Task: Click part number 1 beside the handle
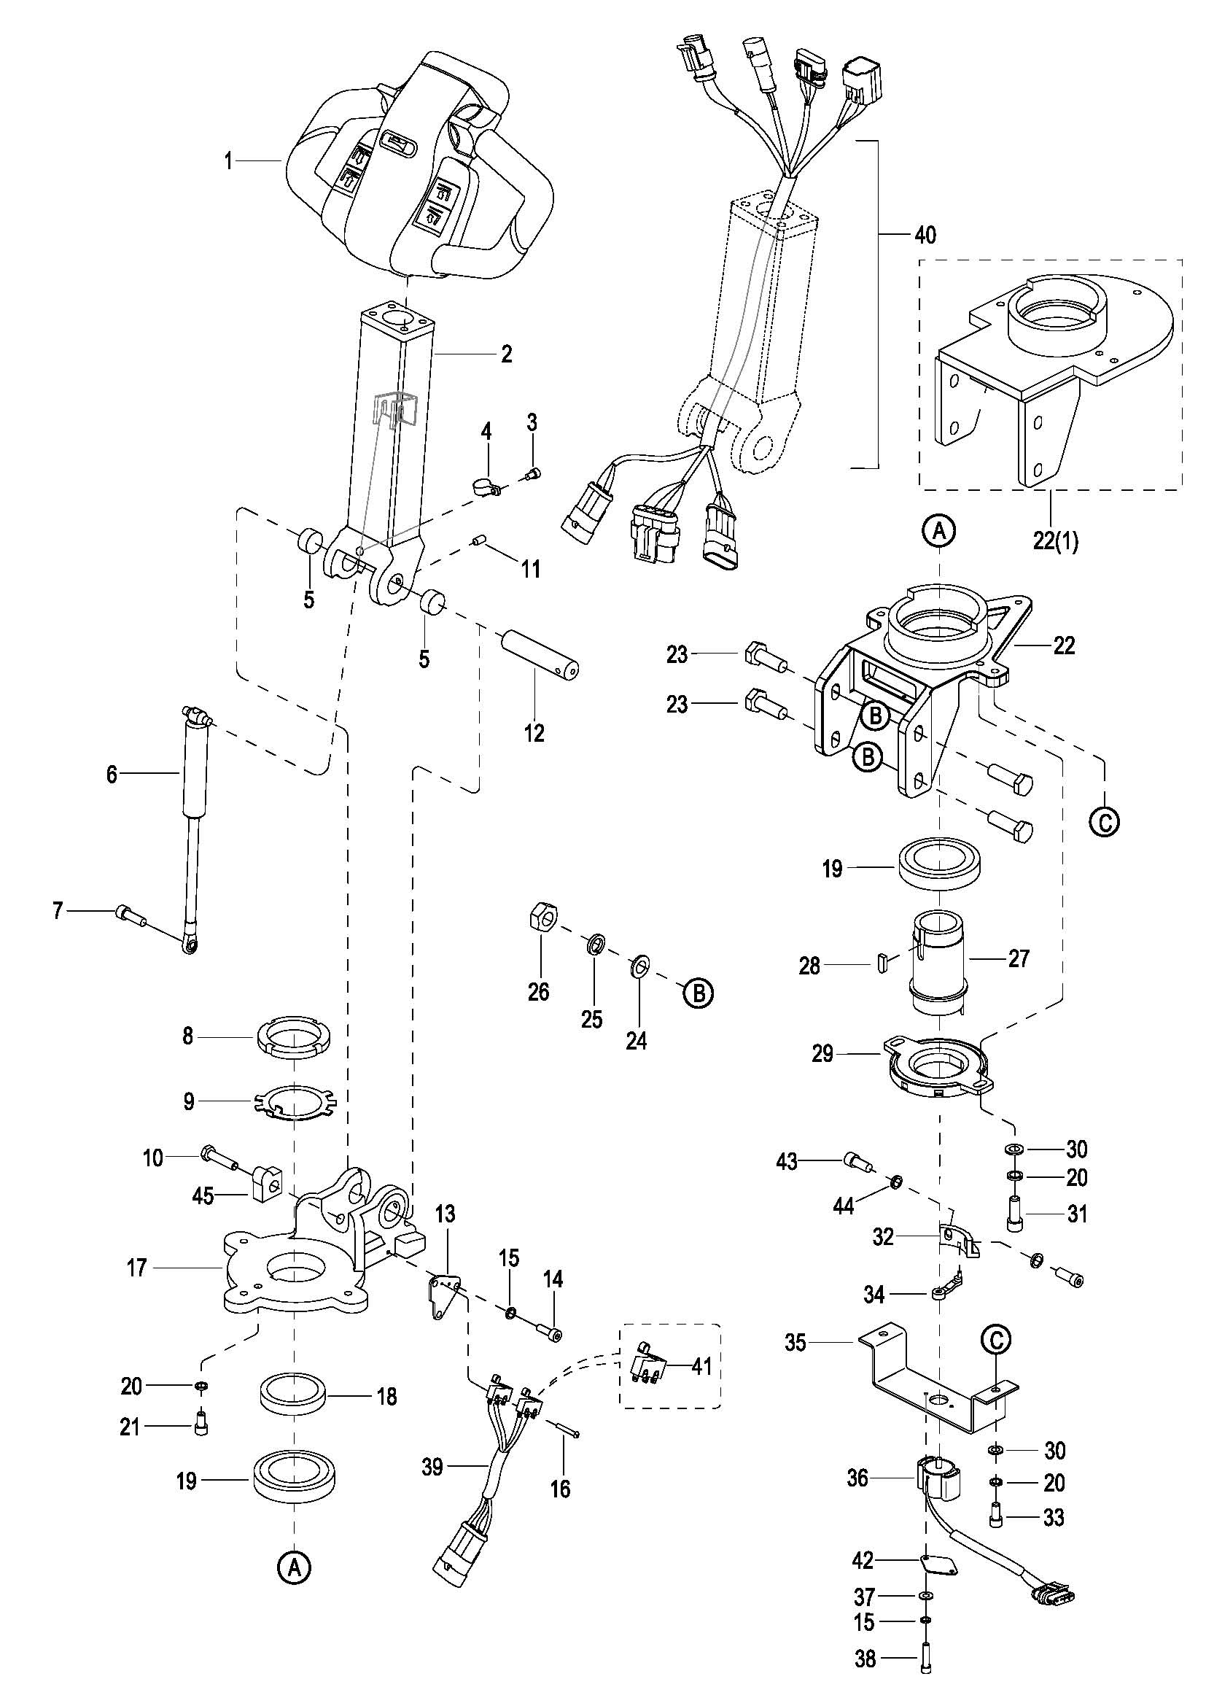tap(229, 160)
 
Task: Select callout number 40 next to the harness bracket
tap(925, 236)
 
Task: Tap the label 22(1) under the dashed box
tap(1055, 540)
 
